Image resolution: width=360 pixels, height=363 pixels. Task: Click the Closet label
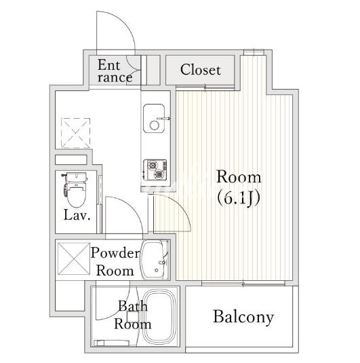pyautogui.click(x=201, y=70)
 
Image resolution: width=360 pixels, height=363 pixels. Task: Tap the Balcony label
pyautogui.click(x=243, y=317)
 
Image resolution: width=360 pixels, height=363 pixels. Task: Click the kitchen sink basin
pyautogui.click(x=154, y=118)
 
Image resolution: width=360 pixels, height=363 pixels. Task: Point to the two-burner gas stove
pyautogui.click(x=155, y=170)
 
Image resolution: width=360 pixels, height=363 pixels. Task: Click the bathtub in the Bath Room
pyautogui.click(x=159, y=318)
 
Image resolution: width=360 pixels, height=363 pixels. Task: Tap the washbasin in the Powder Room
pyautogui.click(x=155, y=260)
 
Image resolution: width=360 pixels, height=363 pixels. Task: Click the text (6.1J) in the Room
pyautogui.click(x=239, y=198)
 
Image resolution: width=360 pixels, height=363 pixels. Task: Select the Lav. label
pyautogui.click(x=77, y=215)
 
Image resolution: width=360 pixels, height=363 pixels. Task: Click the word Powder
pyautogui.click(x=115, y=253)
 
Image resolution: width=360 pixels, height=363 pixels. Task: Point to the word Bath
pyautogui.click(x=133, y=306)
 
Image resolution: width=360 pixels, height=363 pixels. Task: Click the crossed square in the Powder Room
pyautogui.click(x=74, y=259)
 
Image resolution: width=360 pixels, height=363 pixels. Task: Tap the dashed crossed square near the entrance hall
pyautogui.click(x=75, y=133)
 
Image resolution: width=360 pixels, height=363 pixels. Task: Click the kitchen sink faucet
pyautogui.click(x=163, y=119)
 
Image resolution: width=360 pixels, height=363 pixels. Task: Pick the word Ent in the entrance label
pyautogui.click(x=108, y=65)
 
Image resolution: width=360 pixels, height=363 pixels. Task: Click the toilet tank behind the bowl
pyautogui.click(x=76, y=177)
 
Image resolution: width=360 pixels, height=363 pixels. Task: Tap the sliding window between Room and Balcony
pyautogui.click(x=243, y=284)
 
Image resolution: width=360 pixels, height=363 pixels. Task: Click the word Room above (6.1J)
pyautogui.click(x=239, y=177)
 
